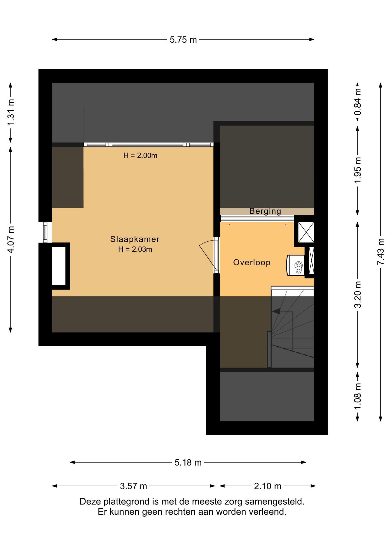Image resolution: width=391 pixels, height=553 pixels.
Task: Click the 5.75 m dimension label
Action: pos(183,40)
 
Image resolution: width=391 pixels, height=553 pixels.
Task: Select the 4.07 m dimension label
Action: pos(11,240)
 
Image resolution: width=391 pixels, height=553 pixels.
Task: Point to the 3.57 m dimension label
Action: pos(133,486)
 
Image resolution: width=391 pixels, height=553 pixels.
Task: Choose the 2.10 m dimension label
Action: pos(267,486)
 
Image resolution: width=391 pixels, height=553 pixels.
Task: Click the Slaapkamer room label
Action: pos(135,239)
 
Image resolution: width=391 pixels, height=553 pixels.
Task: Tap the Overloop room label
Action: pos(252,262)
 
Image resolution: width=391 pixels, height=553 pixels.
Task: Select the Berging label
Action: pos(265,211)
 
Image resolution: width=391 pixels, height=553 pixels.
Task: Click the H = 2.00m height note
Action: pos(140,156)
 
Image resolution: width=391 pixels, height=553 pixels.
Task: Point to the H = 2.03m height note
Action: pos(135,249)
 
